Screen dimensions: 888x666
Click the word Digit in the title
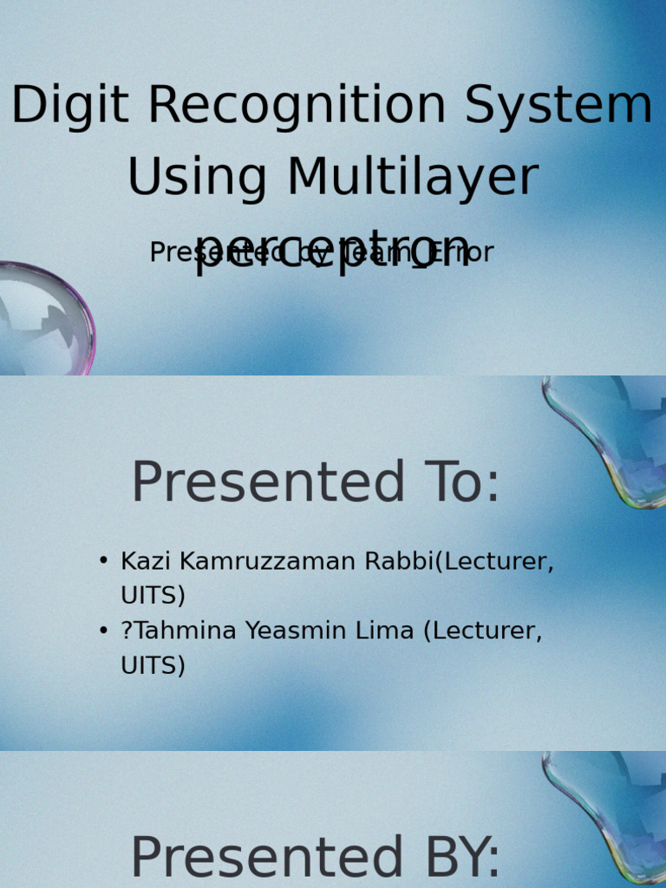(x=73, y=106)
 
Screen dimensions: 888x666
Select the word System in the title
(x=558, y=106)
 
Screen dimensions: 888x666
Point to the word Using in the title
(x=199, y=177)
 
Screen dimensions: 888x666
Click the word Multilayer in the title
(x=413, y=177)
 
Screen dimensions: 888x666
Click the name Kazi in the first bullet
(x=140, y=562)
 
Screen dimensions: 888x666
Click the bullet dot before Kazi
(x=104, y=561)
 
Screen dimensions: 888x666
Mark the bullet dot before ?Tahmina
(x=104, y=630)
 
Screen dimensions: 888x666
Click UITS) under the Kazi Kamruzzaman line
(x=153, y=597)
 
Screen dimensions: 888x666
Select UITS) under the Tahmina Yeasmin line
(x=153, y=666)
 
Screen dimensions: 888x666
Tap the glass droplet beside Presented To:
(x=612, y=438)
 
